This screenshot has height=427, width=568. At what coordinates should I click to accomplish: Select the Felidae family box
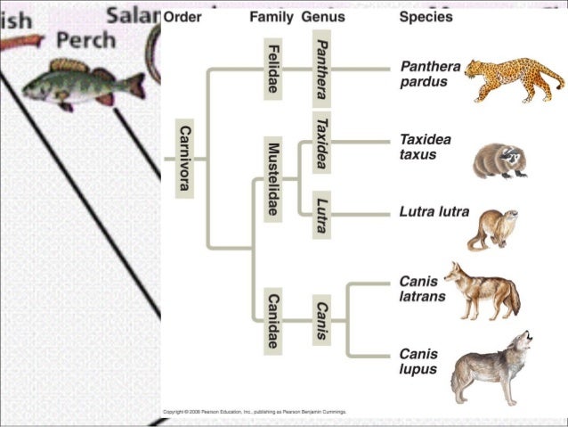pos(273,68)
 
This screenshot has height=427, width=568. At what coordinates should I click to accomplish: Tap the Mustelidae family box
pos(273,177)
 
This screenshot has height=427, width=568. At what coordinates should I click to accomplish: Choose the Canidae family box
pos(273,319)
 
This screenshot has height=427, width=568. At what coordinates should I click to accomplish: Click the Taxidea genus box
pos(322,143)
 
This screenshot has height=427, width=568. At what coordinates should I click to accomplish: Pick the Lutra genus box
pos(322,214)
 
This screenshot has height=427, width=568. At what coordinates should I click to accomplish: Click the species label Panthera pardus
pos(428,74)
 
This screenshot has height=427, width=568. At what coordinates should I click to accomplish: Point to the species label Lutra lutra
pos(434,214)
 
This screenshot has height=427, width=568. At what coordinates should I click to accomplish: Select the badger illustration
pos(499,160)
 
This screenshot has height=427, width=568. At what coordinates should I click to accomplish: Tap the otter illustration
pos(492,229)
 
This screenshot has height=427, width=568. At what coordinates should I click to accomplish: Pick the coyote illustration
pos(482,291)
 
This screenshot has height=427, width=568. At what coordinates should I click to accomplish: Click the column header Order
pos(183,17)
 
